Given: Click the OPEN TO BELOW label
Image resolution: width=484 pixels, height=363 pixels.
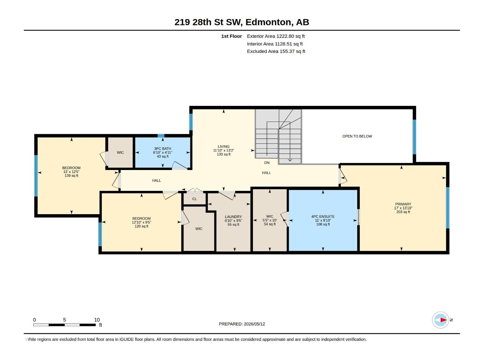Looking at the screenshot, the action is pos(357,136).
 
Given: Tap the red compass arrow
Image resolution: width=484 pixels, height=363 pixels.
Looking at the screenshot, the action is pos(444,320).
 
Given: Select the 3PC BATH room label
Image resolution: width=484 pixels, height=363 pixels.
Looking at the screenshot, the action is pos(162,149).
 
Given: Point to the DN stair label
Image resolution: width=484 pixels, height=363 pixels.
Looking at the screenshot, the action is pos(267,163).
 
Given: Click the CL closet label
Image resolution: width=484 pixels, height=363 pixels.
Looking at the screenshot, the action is pos(195,199).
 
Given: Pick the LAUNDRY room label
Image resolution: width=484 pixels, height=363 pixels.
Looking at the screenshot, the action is pos(233,217).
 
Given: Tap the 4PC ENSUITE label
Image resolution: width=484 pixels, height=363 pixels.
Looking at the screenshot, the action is pos(323,216).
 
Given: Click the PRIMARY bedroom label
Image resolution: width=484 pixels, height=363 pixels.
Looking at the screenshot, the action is pos(403,204).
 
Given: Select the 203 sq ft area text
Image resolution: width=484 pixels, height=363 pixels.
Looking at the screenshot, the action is pos(403,212).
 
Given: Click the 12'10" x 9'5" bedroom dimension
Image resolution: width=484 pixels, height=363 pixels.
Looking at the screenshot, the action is pos(141,222).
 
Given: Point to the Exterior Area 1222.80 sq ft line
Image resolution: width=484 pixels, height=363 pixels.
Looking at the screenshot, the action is pos(276,36).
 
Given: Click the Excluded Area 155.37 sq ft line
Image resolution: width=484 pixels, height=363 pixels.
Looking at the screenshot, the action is pos(276,51).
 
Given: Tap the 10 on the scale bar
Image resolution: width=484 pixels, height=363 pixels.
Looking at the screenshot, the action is pos(97,320).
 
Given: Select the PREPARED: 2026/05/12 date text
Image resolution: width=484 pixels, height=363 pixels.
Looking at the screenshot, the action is pos(242,324).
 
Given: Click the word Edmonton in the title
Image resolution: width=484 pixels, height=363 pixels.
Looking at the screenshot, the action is pos(269,22).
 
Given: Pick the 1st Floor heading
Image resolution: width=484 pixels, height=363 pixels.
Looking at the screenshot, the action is pos(231,36).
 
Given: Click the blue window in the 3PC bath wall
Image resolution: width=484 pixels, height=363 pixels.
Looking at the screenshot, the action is pos(161,136).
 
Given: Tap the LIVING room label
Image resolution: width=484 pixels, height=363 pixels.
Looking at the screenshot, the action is pos(224,147).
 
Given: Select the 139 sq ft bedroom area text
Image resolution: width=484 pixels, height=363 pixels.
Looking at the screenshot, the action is pos(71,176).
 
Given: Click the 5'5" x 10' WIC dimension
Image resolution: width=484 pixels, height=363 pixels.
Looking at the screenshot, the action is pos(270,220).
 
